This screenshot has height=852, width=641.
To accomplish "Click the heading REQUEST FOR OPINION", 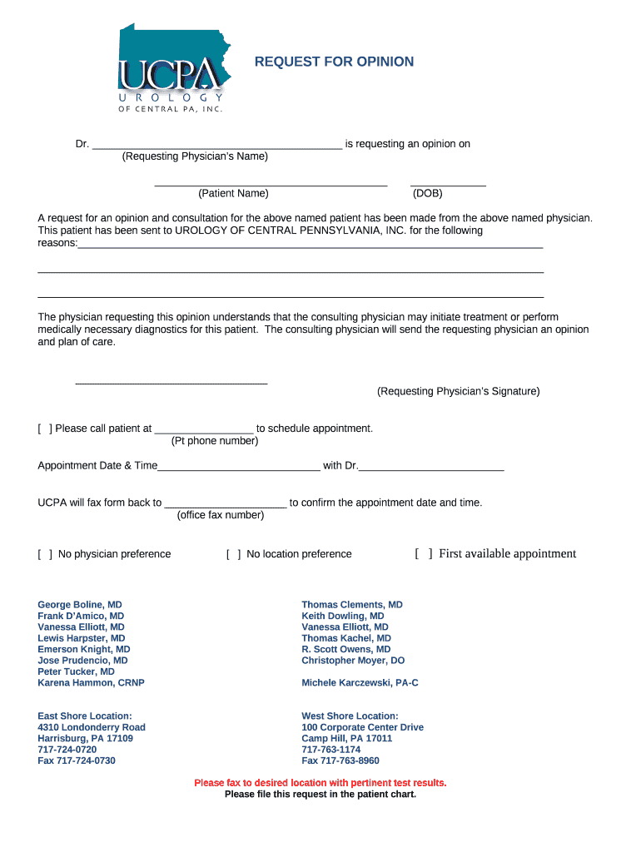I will click(334, 62).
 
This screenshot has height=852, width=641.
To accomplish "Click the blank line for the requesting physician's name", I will click(217, 145).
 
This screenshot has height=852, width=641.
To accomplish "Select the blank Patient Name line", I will click(271, 182).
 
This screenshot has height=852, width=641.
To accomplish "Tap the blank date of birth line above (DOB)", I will click(448, 182).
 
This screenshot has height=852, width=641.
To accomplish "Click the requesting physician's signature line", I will click(171, 382).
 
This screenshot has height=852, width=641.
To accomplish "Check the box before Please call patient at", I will click(45, 428).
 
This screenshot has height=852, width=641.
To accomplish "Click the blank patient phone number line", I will click(203, 429).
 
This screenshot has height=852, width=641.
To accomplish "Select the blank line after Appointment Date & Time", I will click(238, 466).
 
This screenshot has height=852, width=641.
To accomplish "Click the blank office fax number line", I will click(226, 503).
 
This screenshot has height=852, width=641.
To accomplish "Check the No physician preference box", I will click(45, 554).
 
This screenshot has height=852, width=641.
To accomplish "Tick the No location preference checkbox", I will click(234, 554).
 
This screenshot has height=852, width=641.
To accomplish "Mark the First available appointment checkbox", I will click(424, 554).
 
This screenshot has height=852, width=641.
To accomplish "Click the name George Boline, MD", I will click(80, 605).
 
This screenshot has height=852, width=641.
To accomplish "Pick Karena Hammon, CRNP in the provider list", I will click(91, 683).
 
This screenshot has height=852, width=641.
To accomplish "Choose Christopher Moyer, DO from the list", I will click(353, 661).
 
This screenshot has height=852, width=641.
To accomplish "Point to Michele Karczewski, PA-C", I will click(360, 683).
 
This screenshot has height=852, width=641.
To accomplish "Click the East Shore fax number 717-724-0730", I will click(77, 760).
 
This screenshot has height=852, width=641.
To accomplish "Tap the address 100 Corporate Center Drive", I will click(362, 727).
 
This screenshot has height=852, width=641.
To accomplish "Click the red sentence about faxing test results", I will click(320, 783).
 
